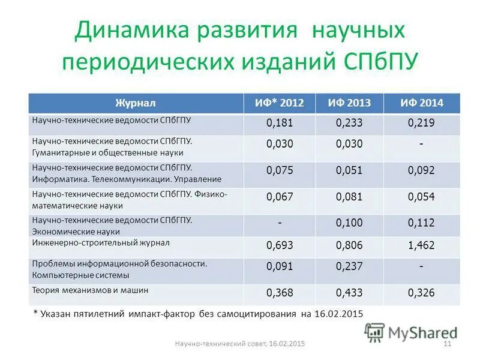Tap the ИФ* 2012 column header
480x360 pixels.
tap(279, 103)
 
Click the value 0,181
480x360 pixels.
tap(279, 124)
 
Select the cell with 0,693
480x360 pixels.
tap(279, 245)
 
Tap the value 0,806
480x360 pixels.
tap(349, 245)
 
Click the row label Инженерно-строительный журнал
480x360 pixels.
tap(101, 243)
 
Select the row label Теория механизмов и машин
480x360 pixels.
tap(89, 290)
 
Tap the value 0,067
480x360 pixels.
tap(279, 197)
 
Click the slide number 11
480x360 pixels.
tap(446, 343)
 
